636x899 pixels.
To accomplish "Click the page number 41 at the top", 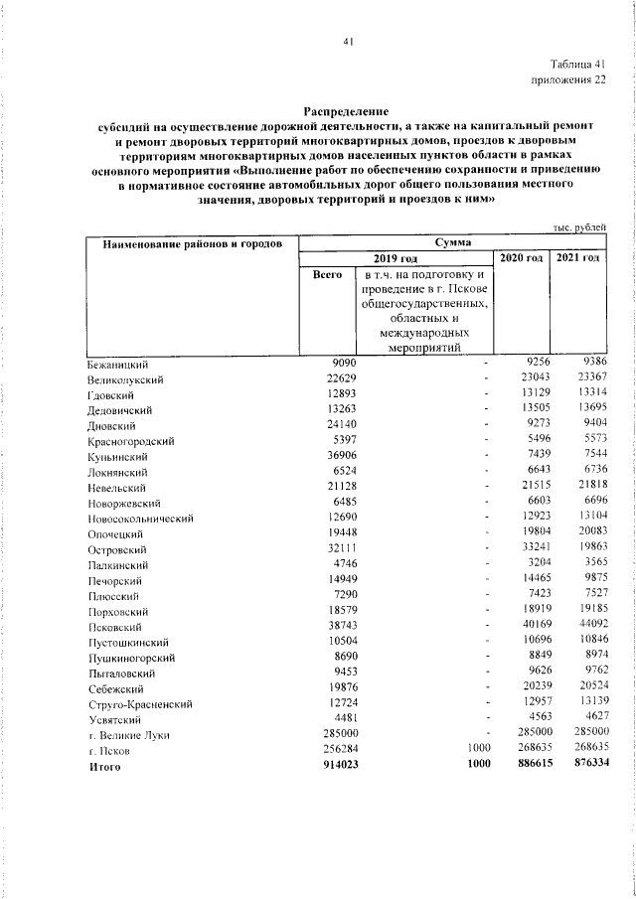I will [x=348, y=41].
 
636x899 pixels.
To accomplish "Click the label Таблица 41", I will [x=573, y=65].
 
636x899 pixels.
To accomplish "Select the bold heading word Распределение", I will [x=346, y=113].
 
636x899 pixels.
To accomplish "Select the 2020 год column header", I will [x=521, y=258].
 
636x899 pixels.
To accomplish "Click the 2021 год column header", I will [x=577, y=258].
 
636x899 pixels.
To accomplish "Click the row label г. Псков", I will [x=108, y=750].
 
